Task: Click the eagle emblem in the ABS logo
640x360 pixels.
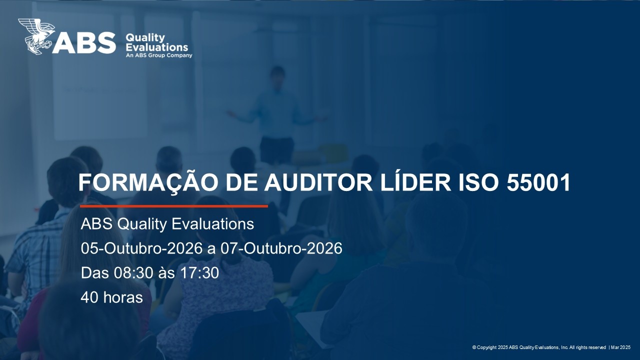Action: point(36,36)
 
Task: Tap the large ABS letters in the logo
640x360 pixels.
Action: point(84,43)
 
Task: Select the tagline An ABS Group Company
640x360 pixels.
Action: point(159,55)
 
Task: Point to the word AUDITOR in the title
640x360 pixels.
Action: point(318,183)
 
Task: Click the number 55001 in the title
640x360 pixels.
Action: point(538,183)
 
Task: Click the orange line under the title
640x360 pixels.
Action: point(174,206)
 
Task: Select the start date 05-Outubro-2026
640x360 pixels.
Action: point(142,248)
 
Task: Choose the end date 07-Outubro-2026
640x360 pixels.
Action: point(281,248)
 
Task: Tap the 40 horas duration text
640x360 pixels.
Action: point(111,297)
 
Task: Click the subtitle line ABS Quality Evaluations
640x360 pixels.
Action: point(167,223)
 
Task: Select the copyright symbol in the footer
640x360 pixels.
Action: point(474,347)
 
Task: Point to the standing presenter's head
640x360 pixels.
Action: point(277,74)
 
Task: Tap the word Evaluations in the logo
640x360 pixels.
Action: point(157,47)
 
